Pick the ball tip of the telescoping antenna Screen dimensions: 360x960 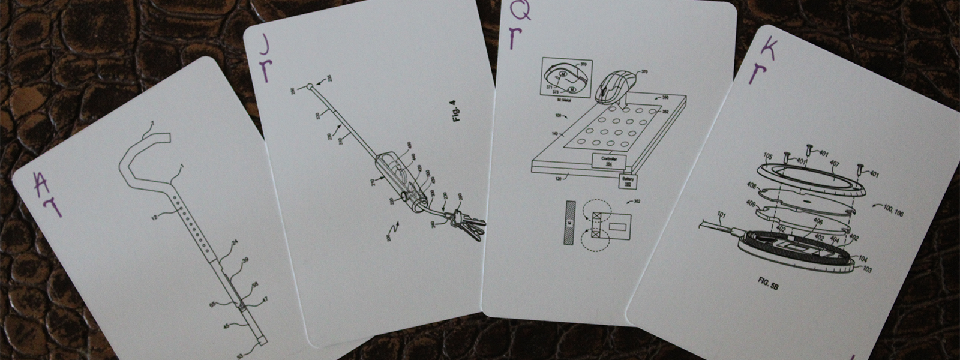pyautogui.click(x=309, y=87)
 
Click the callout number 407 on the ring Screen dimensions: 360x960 pyautogui.click(x=833, y=162)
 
